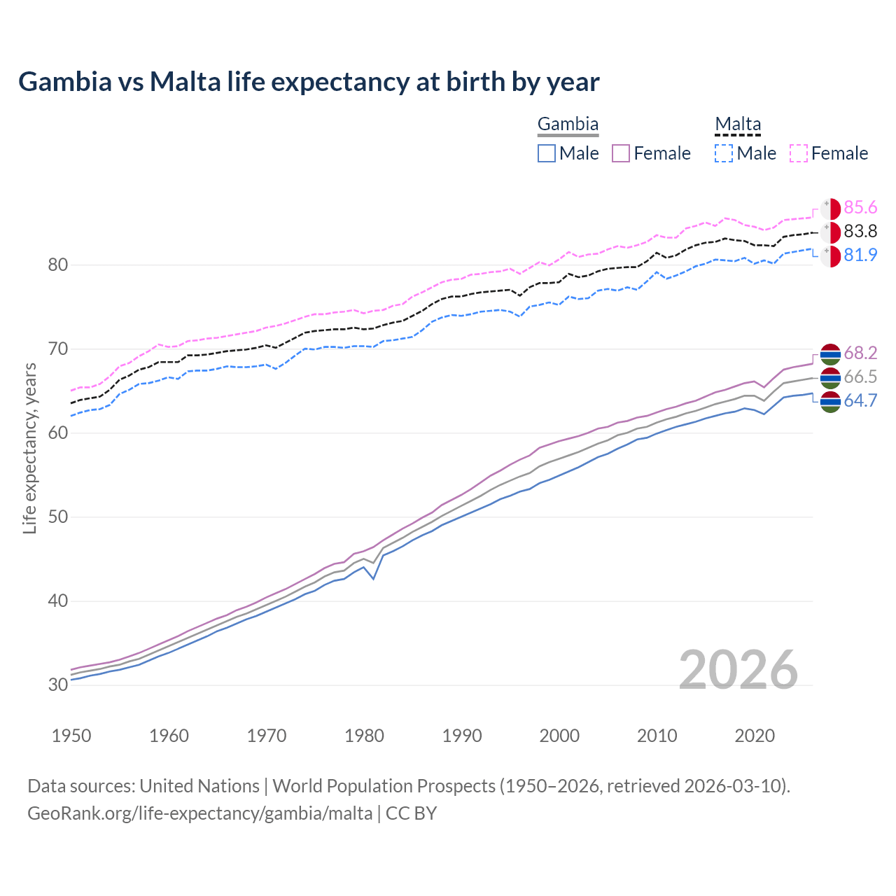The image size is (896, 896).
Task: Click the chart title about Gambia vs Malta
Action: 309,82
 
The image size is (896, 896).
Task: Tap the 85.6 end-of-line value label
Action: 860,207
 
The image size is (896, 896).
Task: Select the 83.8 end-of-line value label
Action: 860,231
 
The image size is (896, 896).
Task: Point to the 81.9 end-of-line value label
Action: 860,255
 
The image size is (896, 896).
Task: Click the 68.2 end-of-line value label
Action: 860,353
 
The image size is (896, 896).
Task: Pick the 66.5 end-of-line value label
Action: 860,377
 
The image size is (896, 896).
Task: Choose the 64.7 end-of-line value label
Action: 860,400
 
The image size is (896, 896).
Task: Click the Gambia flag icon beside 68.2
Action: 830,353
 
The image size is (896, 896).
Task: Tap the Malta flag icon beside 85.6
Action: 830,208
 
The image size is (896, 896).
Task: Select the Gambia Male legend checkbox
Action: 547,153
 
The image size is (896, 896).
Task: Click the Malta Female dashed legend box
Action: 799,153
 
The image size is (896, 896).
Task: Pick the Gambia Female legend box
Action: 622,153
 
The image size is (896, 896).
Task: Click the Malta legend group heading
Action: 738,124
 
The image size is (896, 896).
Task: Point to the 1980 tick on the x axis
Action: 365,736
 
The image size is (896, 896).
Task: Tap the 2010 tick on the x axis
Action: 657,736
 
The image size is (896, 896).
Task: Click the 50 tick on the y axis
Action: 58,517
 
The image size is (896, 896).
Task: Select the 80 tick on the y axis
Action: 58,265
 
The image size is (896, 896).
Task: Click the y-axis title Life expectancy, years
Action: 29,448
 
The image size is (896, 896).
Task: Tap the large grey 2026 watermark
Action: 738,670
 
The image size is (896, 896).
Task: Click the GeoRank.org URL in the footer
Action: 199,813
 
